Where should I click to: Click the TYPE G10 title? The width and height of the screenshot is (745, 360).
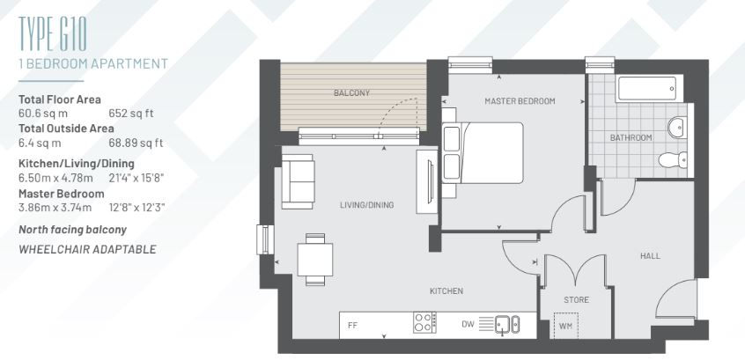pyautogui.click(x=52, y=33)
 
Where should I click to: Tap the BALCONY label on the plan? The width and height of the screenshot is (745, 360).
pyautogui.click(x=351, y=93)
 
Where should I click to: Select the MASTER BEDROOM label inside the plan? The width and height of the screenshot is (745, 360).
pyautogui.click(x=520, y=101)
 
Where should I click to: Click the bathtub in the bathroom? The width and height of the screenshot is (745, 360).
pyautogui.click(x=649, y=88)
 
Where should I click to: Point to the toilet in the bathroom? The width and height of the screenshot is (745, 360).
pyautogui.click(x=673, y=159)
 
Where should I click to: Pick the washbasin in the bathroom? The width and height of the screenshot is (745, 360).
pyautogui.click(x=677, y=128)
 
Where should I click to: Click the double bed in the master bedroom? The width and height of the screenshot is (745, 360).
pyautogui.click(x=483, y=153)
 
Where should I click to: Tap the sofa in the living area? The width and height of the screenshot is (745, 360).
pyautogui.click(x=298, y=181)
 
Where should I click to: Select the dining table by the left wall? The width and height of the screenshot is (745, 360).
pyautogui.click(x=315, y=260)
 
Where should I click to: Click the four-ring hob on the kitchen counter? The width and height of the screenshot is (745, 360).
pyautogui.click(x=424, y=322)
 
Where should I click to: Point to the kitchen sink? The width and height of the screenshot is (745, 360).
pyautogui.click(x=507, y=324)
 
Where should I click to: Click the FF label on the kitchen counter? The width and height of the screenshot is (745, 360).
pyautogui.click(x=352, y=326)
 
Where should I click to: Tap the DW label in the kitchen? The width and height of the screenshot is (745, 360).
pyautogui.click(x=467, y=325)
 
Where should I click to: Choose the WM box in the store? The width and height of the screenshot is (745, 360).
pyautogui.click(x=566, y=326)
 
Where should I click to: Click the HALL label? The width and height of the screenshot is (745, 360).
pyautogui.click(x=650, y=256)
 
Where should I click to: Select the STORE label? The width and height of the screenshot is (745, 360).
pyautogui.click(x=576, y=300)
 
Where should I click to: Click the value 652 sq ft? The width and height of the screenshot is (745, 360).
pyautogui.click(x=131, y=114)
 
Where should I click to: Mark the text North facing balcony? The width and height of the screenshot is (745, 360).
pyautogui.click(x=73, y=230)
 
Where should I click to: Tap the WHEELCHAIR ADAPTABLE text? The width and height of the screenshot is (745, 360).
pyautogui.click(x=87, y=249)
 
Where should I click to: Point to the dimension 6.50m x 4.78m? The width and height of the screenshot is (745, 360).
pyautogui.click(x=55, y=179)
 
